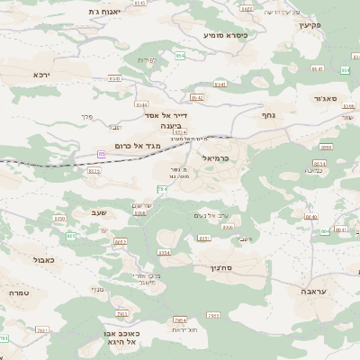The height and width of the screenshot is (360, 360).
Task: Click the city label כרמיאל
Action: point(218,157)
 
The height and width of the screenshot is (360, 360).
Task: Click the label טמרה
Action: point(21,293)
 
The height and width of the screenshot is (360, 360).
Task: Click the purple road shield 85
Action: point(102,155)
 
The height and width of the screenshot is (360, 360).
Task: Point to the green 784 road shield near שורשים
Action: point(163,190)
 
